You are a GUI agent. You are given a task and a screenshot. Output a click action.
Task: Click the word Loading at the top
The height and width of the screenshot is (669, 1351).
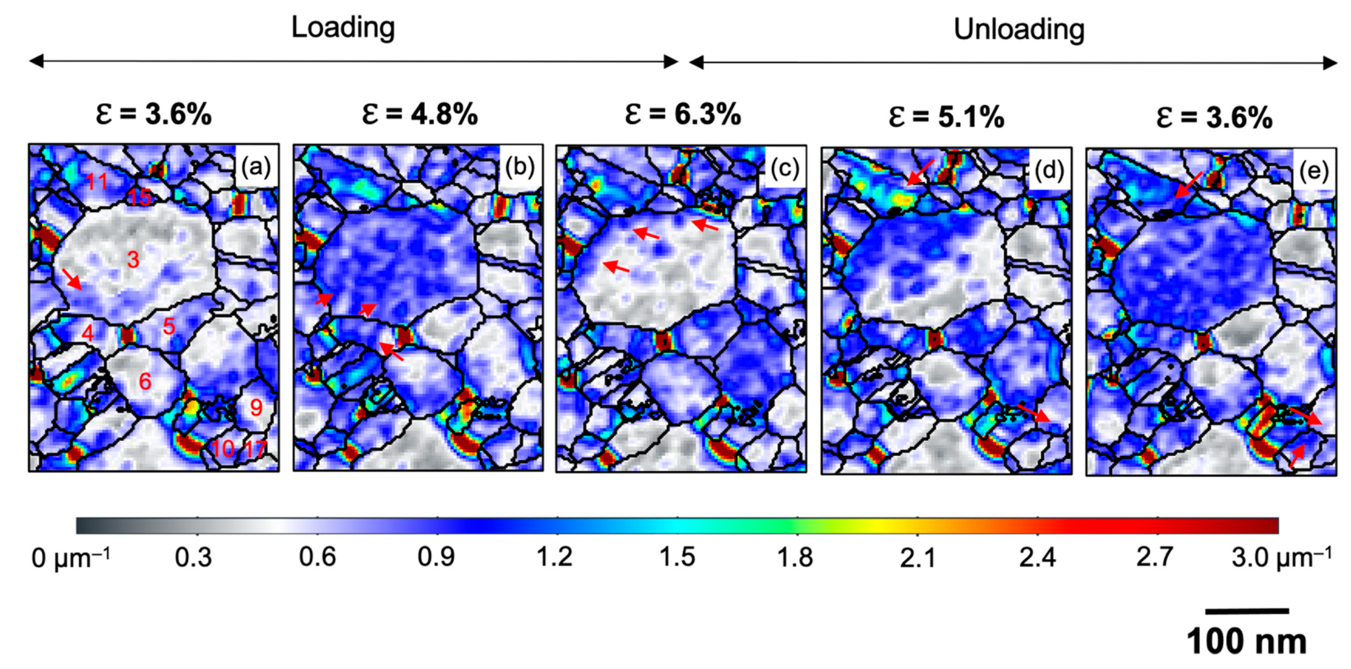[x=343, y=27]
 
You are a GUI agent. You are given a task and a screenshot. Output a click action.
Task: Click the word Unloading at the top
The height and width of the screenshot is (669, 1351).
[x=1019, y=29]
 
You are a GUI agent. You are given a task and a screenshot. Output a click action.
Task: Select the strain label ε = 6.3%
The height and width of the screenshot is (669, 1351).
[x=682, y=114]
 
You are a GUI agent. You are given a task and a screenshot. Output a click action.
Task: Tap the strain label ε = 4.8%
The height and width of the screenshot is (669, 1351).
[x=420, y=114]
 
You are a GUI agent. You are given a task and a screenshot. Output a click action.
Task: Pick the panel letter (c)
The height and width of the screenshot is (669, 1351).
[x=785, y=169]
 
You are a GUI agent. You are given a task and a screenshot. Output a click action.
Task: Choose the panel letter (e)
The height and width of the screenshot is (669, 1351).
[x=1313, y=171]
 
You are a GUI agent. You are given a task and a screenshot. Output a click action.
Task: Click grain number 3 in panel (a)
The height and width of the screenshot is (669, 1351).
[x=133, y=259]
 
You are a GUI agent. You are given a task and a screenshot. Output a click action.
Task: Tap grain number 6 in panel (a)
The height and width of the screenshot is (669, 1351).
[x=145, y=381]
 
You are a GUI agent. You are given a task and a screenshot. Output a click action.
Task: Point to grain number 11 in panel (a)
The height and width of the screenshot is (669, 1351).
[x=96, y=182]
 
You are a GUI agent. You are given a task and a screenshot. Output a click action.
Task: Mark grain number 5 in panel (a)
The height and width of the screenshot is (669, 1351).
[x=168, y=326]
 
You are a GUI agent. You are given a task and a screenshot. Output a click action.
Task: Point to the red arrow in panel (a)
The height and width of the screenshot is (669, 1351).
[x=72, y=279]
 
